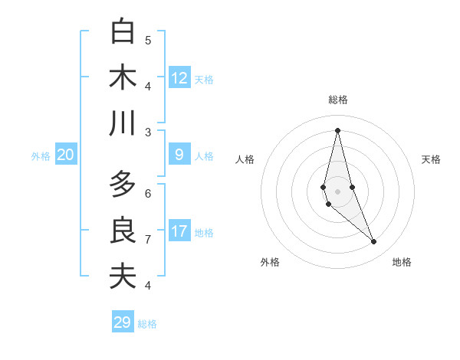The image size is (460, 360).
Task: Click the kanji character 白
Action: tap(123, 32)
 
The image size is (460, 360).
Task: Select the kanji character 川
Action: tap(123, 123)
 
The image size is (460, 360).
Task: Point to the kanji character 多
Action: tap(123, 185)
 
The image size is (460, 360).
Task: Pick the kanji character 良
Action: tap(123, 231)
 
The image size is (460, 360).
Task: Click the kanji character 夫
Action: tap(123, 277)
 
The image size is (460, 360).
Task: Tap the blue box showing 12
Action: tap(179, 78)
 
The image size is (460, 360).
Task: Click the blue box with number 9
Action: tap(179, 155)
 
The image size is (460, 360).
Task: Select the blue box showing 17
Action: tap(179, 231)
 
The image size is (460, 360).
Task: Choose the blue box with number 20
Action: tap(66, 155)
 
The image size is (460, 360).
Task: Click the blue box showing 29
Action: tap(123, 322)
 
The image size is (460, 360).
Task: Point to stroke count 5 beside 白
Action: tap(148, 40)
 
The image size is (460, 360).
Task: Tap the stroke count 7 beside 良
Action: tap(148, 239)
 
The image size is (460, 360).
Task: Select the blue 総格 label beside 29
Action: tap(147, 324)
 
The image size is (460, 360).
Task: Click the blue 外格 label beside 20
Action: tap(41, 156)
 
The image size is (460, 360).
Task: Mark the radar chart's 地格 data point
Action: tap(374, 242)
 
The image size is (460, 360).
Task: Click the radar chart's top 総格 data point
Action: tap(337, 130)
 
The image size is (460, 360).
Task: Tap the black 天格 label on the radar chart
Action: tap(432, 159)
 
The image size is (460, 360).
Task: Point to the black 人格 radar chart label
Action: tap(245, 159)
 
